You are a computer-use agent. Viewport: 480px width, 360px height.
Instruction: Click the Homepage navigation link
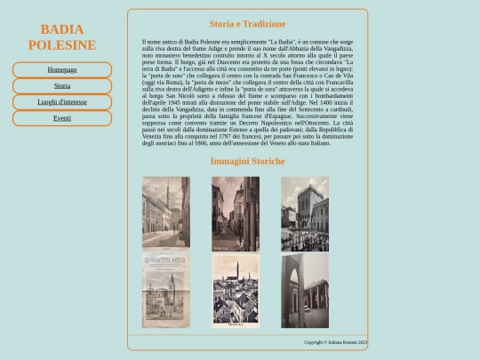click(62, 69)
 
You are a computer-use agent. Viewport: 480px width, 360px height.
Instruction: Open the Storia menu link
click(62, 86)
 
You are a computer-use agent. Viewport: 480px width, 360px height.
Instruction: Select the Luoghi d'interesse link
click(62, 102)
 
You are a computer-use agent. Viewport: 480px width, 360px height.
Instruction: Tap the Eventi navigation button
click(62, 118)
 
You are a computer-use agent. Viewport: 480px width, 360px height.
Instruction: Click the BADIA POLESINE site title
click(62, 37)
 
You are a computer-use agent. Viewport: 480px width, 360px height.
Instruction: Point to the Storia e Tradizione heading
click(247, 24)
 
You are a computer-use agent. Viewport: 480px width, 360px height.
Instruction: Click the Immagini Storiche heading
click(247, 161)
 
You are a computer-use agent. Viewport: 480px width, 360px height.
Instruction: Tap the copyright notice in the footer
click(335, 342)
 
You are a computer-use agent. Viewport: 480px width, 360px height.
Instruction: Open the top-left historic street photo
click(165, 212)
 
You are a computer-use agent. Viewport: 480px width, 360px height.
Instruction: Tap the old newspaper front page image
click(165, 290)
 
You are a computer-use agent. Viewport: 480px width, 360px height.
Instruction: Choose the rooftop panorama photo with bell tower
click(236, 290)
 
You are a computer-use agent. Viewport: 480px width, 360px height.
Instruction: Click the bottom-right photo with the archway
click(305, 290)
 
